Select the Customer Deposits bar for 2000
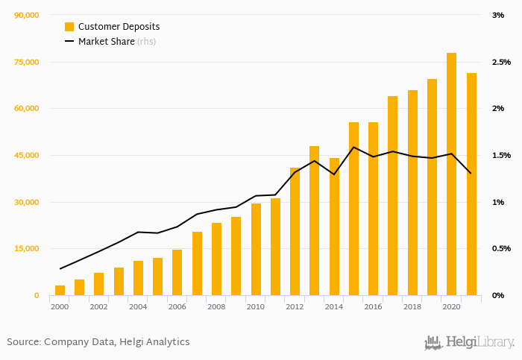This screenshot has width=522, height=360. click(x=60, y=291)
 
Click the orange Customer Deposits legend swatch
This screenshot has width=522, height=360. click(x=69, y=27)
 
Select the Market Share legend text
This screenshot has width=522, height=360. click(x=106, y=42)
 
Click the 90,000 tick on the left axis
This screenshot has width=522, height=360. click(x=26, y=15)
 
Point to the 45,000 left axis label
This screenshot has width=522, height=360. click(x=26, y=155)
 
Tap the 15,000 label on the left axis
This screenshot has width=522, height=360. click(x=26, y=249)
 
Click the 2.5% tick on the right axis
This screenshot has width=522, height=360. click(x=501, y=62)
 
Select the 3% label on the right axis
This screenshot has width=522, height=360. click(x=497, y=15)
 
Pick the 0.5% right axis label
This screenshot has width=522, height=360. click(x=501, y=249)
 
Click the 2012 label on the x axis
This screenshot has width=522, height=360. click(x=295, y=306)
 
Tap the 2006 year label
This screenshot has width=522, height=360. click(x=177, y=306)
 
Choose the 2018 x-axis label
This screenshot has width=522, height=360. click(x=412, y=306)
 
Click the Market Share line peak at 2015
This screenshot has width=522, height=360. click(x=353, y=147)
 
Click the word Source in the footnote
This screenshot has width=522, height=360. click(x=23, y=342)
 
